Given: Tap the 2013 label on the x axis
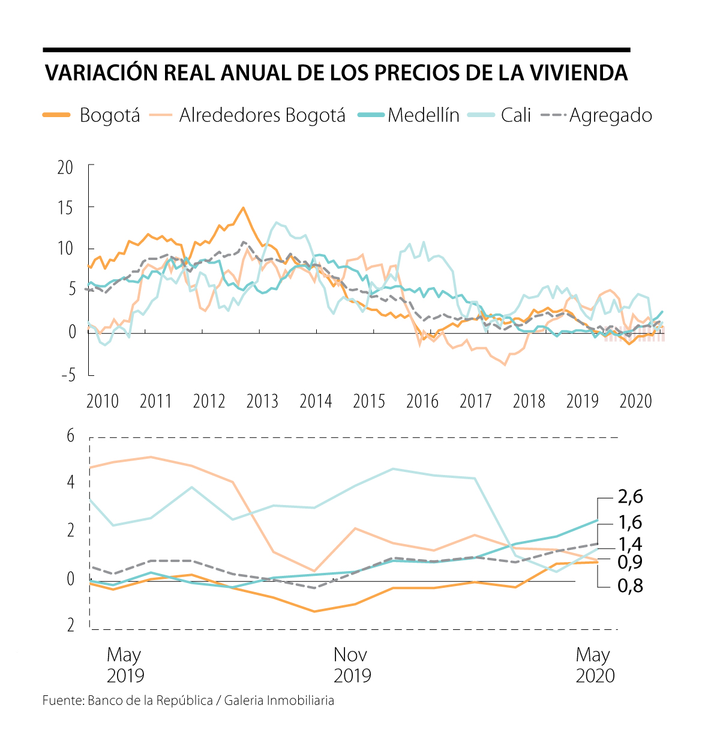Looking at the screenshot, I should pyautogui.click(x=262, y=401).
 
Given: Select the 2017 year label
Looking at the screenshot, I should pyautogui.click(x=475, y=401).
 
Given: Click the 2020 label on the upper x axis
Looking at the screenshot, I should pyautogui.click(x=635, y=401).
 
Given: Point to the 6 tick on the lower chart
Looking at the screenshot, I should pyautogui.click(x=70, y=435).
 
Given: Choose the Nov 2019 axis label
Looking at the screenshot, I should pyautogui.click(x=352, y=665).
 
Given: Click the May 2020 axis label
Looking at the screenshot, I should pyautogui.click(x=595, y=665).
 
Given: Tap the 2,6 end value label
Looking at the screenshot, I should pyautogui.click(x=630, y=497).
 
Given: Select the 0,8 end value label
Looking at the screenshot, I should pyautogui.click(x=630, y=585).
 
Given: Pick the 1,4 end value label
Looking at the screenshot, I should pyautogui.click(x=630, y=545).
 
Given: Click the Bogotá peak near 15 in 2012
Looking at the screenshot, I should pyautogui.click(x=243, y=208).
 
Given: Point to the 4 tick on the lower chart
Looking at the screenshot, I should pyautogui.click(x=70, y=482).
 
